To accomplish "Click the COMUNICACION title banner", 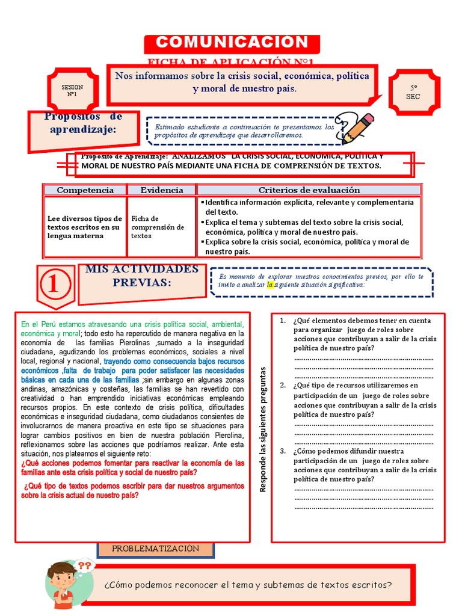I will click(x=232, y=42).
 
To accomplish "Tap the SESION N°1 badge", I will click(x=72, y=91).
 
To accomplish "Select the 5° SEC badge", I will click(x=413, y=92).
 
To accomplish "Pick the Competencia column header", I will click(x=85, y=190).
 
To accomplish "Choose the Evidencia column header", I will click(x=162, y=190).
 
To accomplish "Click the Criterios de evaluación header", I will click(x=309, y=190).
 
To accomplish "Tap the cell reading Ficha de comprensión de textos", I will click(x=158, y=227).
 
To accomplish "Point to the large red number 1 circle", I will click(x=54, y=284).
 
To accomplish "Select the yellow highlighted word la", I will click(x=270, y=285).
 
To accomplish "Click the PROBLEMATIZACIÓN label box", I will click(x=155, y=549).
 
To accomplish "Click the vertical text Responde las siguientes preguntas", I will click(x=263, y=430).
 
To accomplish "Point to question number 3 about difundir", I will click(x=365, y=465).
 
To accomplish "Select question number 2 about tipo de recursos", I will click(x=365, y=399).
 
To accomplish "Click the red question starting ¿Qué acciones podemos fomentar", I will click(x=132, y=467).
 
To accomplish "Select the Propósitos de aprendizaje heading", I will click(x=84, y=123).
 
